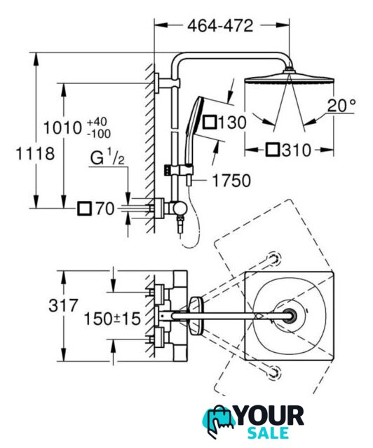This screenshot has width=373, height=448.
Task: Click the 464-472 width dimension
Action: click(220, 26)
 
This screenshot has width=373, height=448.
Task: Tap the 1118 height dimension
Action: click(35, 153)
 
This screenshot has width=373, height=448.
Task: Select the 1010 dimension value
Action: click(62, 127)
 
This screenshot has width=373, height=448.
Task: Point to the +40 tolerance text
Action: click(97, 122)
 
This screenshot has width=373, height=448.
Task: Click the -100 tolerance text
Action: click(98, 134)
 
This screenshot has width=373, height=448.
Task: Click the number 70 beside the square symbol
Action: click(105, 209)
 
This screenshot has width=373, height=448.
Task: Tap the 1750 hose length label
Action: click(231, 181)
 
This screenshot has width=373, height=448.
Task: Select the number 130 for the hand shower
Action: click(232, 122)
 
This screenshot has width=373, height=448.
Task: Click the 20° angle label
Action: click(341, 106)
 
